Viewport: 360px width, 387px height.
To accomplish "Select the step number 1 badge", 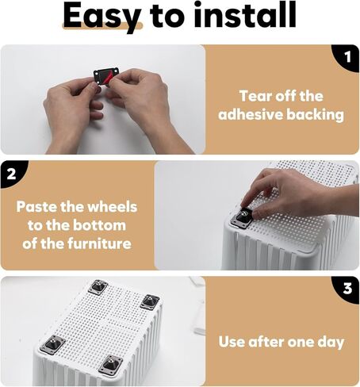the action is (x=347, y=57).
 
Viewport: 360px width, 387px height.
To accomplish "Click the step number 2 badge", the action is (x=11, y=174).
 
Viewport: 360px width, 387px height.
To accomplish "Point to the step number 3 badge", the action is (x=347, y=289).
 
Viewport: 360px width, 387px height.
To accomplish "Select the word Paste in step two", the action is (x=36, y=207).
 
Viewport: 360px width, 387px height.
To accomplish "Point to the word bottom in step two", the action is (x=99, y=225).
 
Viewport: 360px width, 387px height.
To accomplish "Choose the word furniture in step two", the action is (x=99, y=243).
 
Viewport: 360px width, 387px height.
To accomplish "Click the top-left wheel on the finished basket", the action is (x=98, y=287).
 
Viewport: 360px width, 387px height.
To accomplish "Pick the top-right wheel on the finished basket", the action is (x=150, y=302).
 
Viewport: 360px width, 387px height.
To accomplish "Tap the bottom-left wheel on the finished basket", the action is (x=52, y=345).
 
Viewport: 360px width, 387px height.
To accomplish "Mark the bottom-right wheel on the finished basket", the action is (x=111, y=365).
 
